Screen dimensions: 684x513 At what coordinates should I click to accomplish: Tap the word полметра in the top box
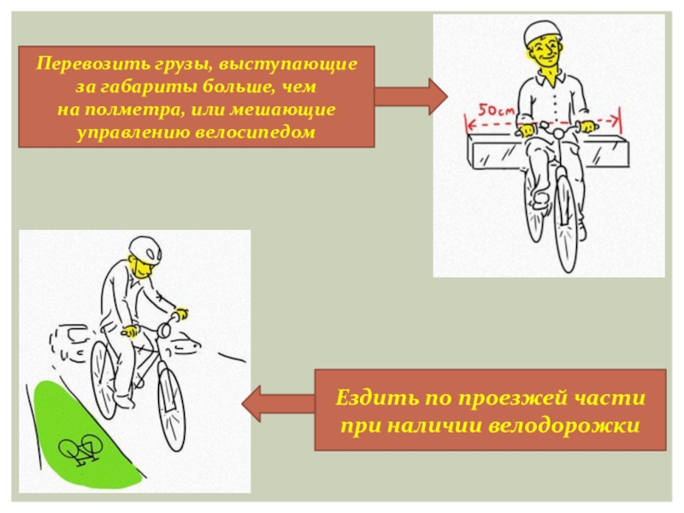point(134,110)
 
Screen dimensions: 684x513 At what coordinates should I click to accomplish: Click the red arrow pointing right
point(410,95)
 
